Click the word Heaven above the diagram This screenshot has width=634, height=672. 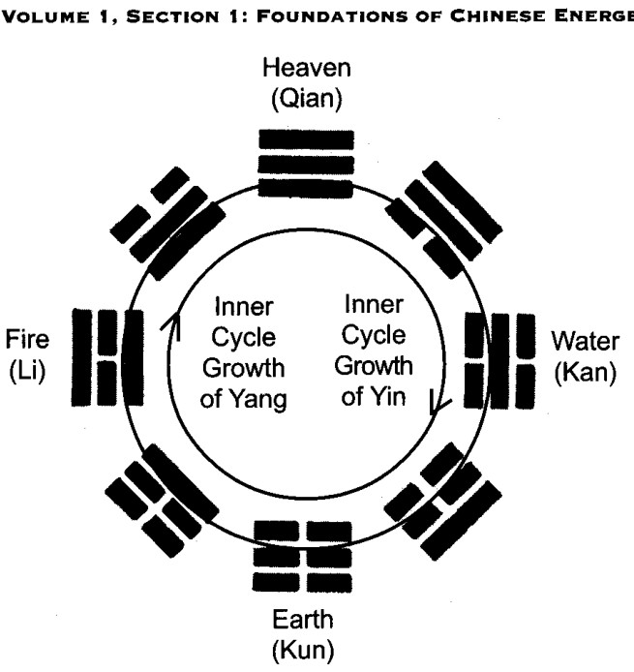pyautogui.click(x=307, y=68)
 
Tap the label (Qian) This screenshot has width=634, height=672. pyautogui.click(x=307, y=99)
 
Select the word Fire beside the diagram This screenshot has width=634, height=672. pyautogui.click(x=27, y=339)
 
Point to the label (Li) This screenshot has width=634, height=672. pyautogui.click(x=27, y=370)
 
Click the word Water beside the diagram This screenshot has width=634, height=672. pyautogui.click(x=586, y=341)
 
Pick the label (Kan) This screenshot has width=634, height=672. pyautogui.click(x=586, y=372)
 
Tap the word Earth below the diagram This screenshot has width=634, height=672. pyautogui.click(x=303, y=620)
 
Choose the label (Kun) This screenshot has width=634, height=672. pyautogui.click(x=303, y=650)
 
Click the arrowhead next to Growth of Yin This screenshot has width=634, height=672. pyautogui.click(x=438, y=404)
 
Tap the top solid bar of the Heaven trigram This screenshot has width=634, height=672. pyautogui.click(x=306, y=139)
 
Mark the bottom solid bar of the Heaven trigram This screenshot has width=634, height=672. pyautogui.click(x=306, y=189)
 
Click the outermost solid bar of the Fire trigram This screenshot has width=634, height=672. pyautogui.click(x=81, y=357)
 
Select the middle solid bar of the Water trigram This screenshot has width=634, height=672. pyautogui.click(x=499, y=361)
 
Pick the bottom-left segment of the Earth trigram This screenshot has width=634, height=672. pyautogui.click(x=276, y=582)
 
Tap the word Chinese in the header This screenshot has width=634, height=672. pyautogui.click(x=498, y=15)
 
